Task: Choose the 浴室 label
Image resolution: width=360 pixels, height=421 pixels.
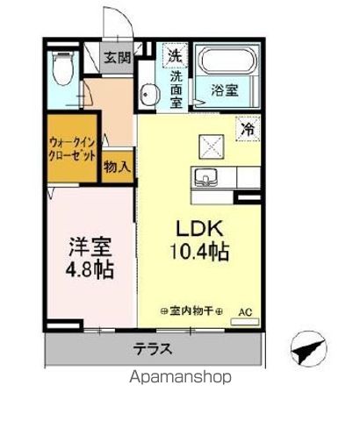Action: click(225, 89)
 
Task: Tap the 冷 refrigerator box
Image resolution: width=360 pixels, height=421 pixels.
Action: click(248, 127)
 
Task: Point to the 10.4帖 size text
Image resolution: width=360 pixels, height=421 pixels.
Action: click(200, 253)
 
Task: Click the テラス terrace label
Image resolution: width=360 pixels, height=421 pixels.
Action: click(152, 348)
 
